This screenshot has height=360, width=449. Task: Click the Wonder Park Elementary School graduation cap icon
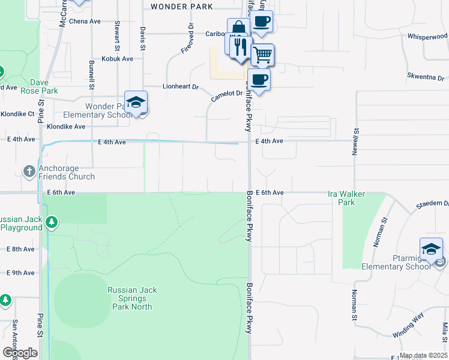(x=136, y=101)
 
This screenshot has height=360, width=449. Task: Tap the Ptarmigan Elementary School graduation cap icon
(x=431, y=249)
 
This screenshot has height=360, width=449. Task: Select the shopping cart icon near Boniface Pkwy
(x=262, y=55)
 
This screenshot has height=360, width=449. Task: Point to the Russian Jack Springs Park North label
(x=133, y=298)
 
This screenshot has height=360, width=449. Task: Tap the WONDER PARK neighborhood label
(x=182, y=7)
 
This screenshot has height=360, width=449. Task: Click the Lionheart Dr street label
(x=180, y=87)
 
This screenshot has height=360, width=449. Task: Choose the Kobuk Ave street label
(x=118, y=59)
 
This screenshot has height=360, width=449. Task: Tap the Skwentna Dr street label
(x=425, y=78)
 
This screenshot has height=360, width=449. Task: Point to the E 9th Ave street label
(x=20, y=273)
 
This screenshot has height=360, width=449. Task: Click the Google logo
(x=20, y=353)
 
